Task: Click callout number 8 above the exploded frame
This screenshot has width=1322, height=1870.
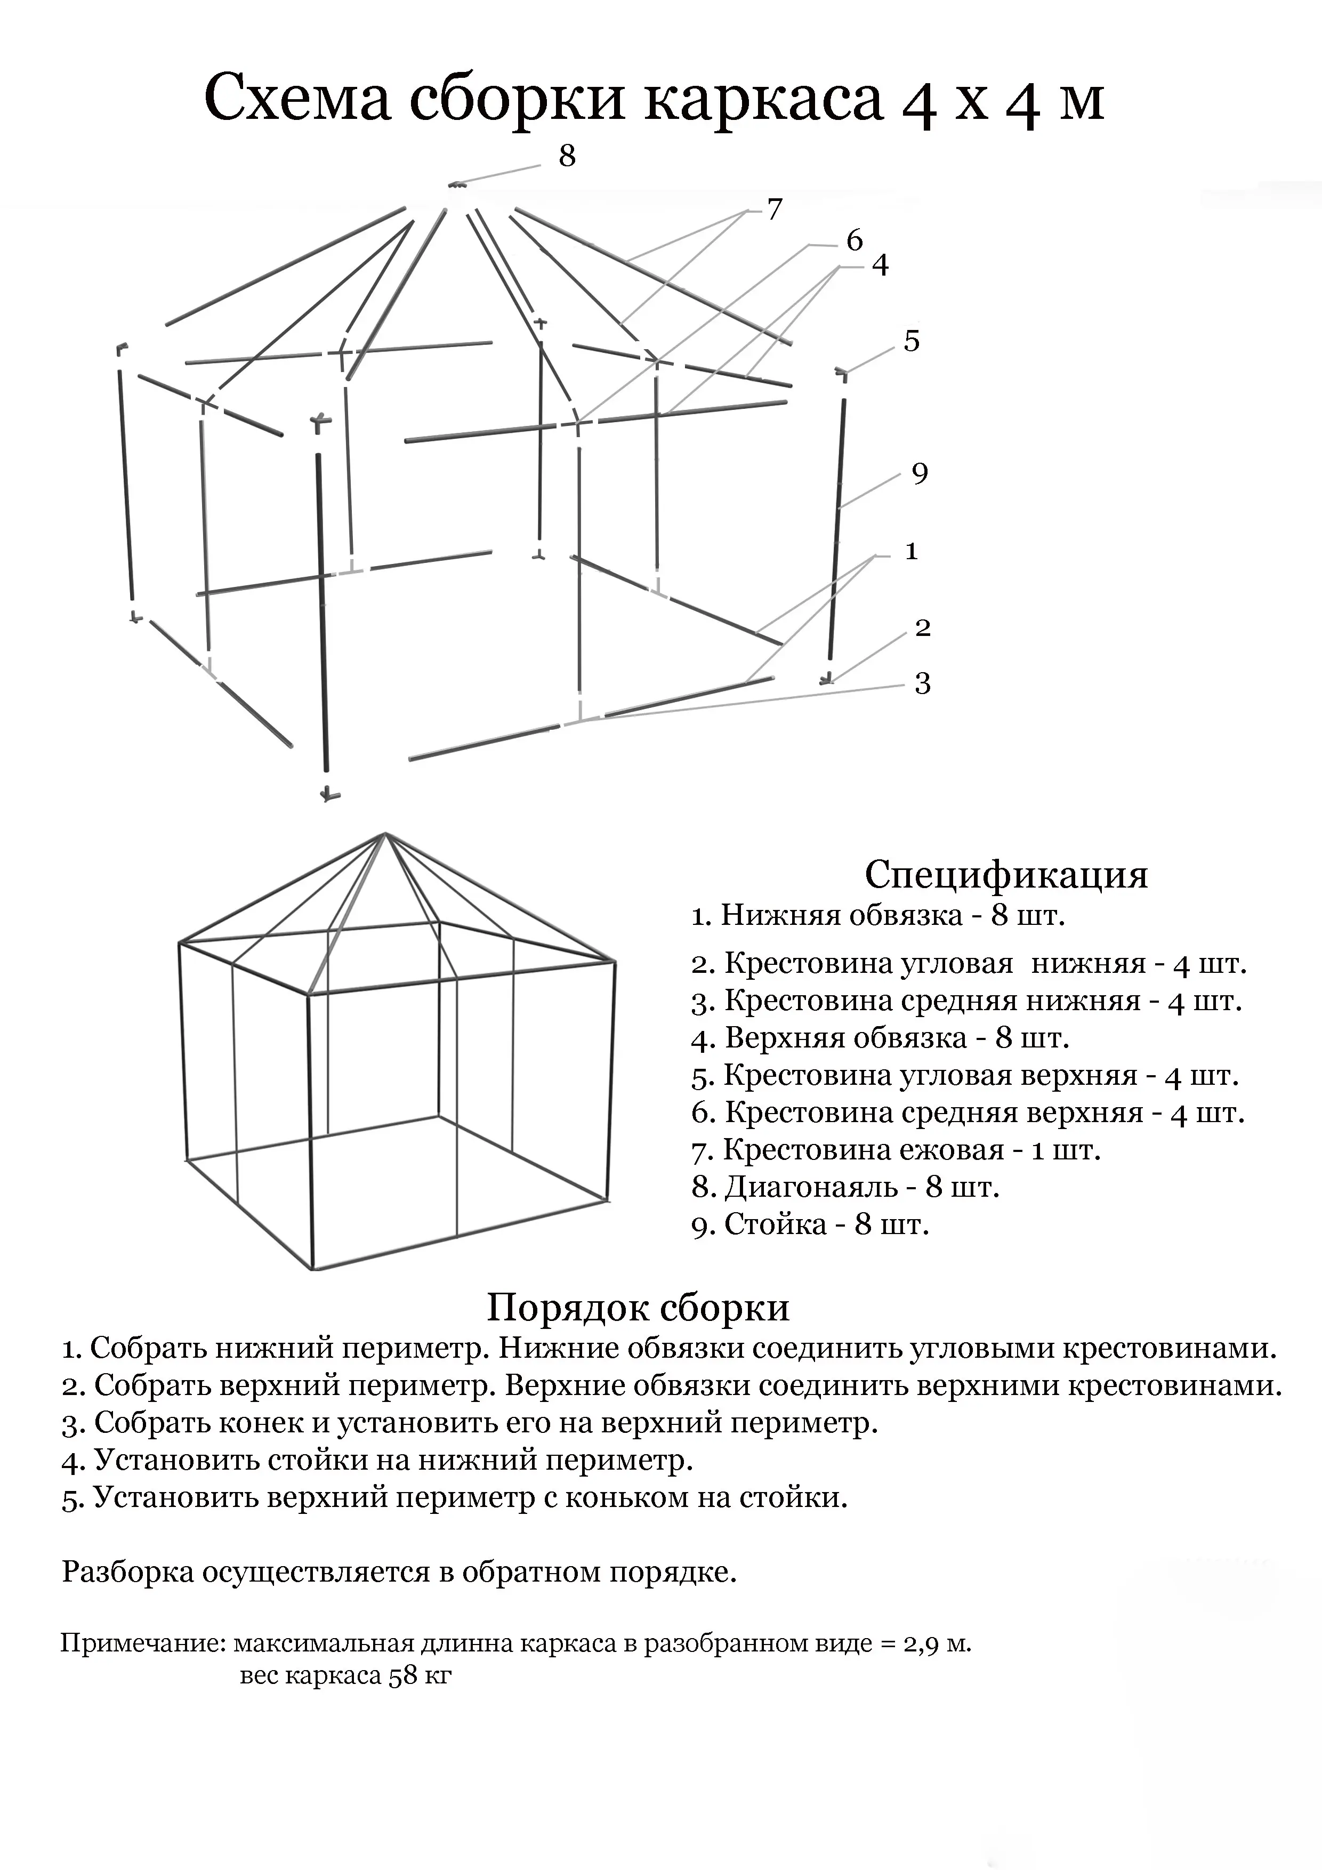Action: point(567,155)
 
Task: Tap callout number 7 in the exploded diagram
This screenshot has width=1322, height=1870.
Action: point(774,209)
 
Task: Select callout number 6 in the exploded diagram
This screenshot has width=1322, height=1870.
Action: point(853,240)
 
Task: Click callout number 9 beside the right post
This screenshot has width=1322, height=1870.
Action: point(920,473)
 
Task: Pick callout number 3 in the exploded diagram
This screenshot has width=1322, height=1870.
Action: point(922,683)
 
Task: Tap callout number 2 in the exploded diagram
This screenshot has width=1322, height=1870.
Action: point(923,628)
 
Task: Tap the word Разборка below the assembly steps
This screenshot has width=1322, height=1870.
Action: point(127,1572)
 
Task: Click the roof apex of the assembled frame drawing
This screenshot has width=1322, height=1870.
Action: point(384,834)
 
